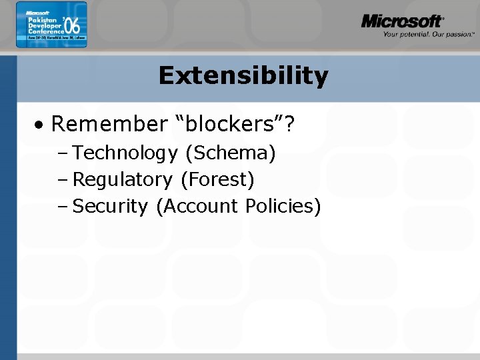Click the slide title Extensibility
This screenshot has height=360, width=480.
(243, 76)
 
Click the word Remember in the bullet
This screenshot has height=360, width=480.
(109, 124)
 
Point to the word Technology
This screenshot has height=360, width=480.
(125, 153)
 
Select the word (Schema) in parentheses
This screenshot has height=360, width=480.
(231, 153)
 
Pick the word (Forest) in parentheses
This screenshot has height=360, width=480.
(217, 179)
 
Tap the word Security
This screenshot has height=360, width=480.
(109, 206)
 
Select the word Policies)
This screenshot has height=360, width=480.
(283, 206)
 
